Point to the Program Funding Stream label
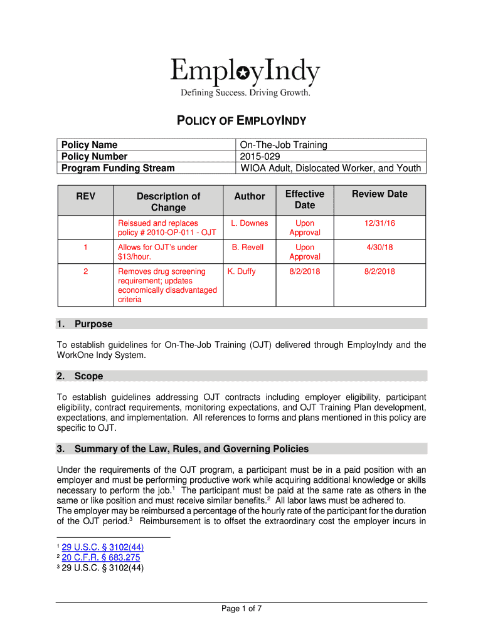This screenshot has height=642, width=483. [x=118, y=167]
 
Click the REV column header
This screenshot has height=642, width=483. [x=85, y=196]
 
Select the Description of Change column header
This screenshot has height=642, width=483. [x=168, y=202]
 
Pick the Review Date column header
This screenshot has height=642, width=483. [x=379, y=194]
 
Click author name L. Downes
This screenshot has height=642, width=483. [x=249, y=223]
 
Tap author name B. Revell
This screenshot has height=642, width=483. [x=247, y=247]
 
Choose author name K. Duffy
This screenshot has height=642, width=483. [x=242, y=271]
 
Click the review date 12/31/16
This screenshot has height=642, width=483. [x=381, y=223]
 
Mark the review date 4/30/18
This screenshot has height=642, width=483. [x=379, y=247]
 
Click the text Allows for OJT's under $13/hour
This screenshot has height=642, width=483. [x=157, y=252]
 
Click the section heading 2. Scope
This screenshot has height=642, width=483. [x=80, y=376]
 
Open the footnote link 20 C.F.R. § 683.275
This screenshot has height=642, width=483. [x=101, y=557]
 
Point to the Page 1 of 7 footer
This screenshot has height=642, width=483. [x=242, y=608]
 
